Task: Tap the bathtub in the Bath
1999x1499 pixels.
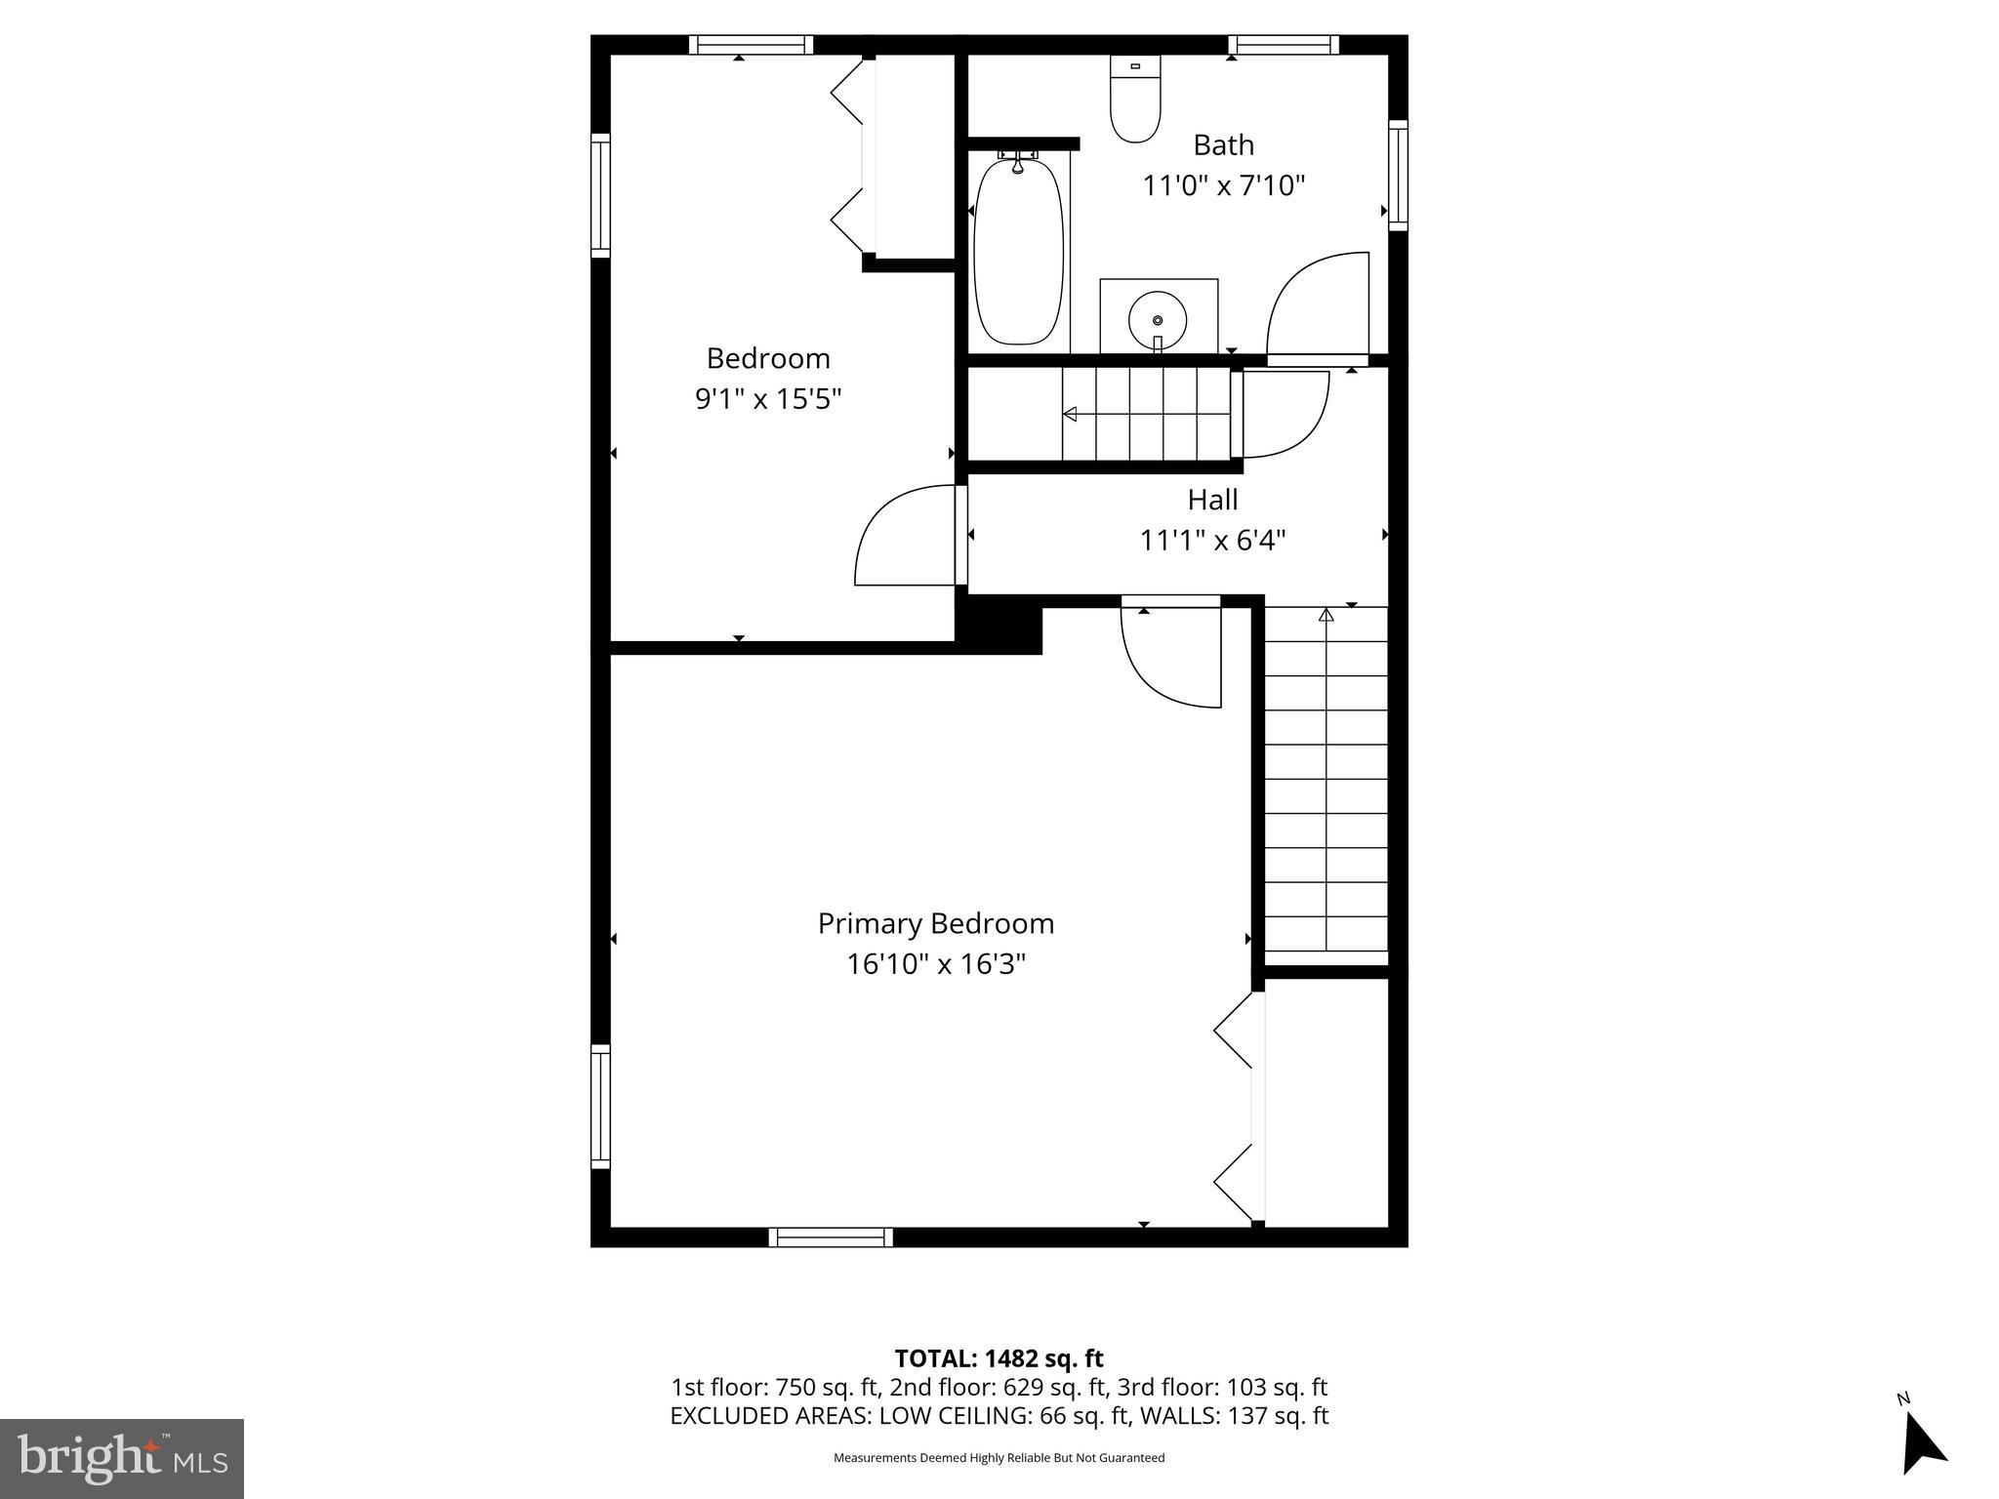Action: pos(1018,252)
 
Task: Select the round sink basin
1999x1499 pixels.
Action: pos(1158,319)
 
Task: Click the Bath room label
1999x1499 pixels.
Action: pos(1223,145)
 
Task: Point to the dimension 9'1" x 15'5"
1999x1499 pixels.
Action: pos(767,399)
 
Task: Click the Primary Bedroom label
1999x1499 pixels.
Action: pos(935,923)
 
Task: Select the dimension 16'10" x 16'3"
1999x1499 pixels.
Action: pos(935,964)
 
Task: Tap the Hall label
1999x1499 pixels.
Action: pos(1212,500)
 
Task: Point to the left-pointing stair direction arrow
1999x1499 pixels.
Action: pos(1071,415)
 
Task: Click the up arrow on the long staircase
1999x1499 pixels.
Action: pos(1326,616)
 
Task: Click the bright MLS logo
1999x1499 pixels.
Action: pos(121,1458)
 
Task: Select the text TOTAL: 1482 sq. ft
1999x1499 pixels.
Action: pos(999,1358)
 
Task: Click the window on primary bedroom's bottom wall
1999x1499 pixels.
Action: pos(831,1237)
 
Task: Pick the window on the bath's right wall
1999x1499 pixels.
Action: pos(1398,176)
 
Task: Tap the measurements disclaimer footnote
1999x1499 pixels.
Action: pos(999,1458)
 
